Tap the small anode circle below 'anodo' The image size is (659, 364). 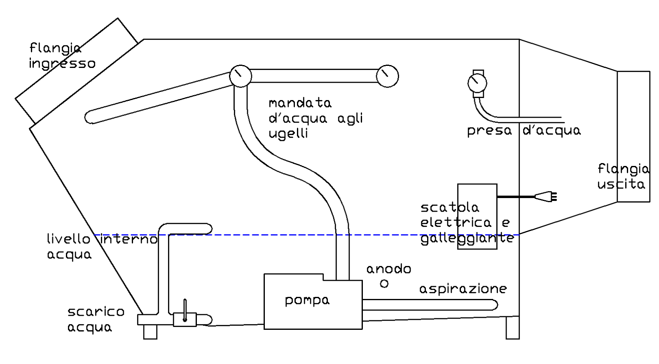[x=384, y=284]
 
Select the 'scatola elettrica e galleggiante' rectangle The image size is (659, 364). [x=477, y=217]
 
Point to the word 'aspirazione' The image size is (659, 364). [x=463, y=289]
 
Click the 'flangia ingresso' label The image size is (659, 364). [x=62, y=56]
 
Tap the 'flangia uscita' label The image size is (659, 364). [x=623, y=176]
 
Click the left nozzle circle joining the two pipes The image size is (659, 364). [x=240, y=76]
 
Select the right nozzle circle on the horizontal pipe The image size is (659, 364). [x=388, y=76]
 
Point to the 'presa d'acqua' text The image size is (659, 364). [x=523, y=131]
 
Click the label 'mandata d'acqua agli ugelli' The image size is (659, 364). [x=315, y=118]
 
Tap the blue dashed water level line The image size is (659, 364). [x=288, y=235]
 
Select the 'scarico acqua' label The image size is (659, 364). [x=96, y=319]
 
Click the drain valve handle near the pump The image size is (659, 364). [x=185, y=309]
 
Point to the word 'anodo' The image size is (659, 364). [x=388, y=269]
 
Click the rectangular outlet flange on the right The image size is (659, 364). [x=633, y=136]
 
